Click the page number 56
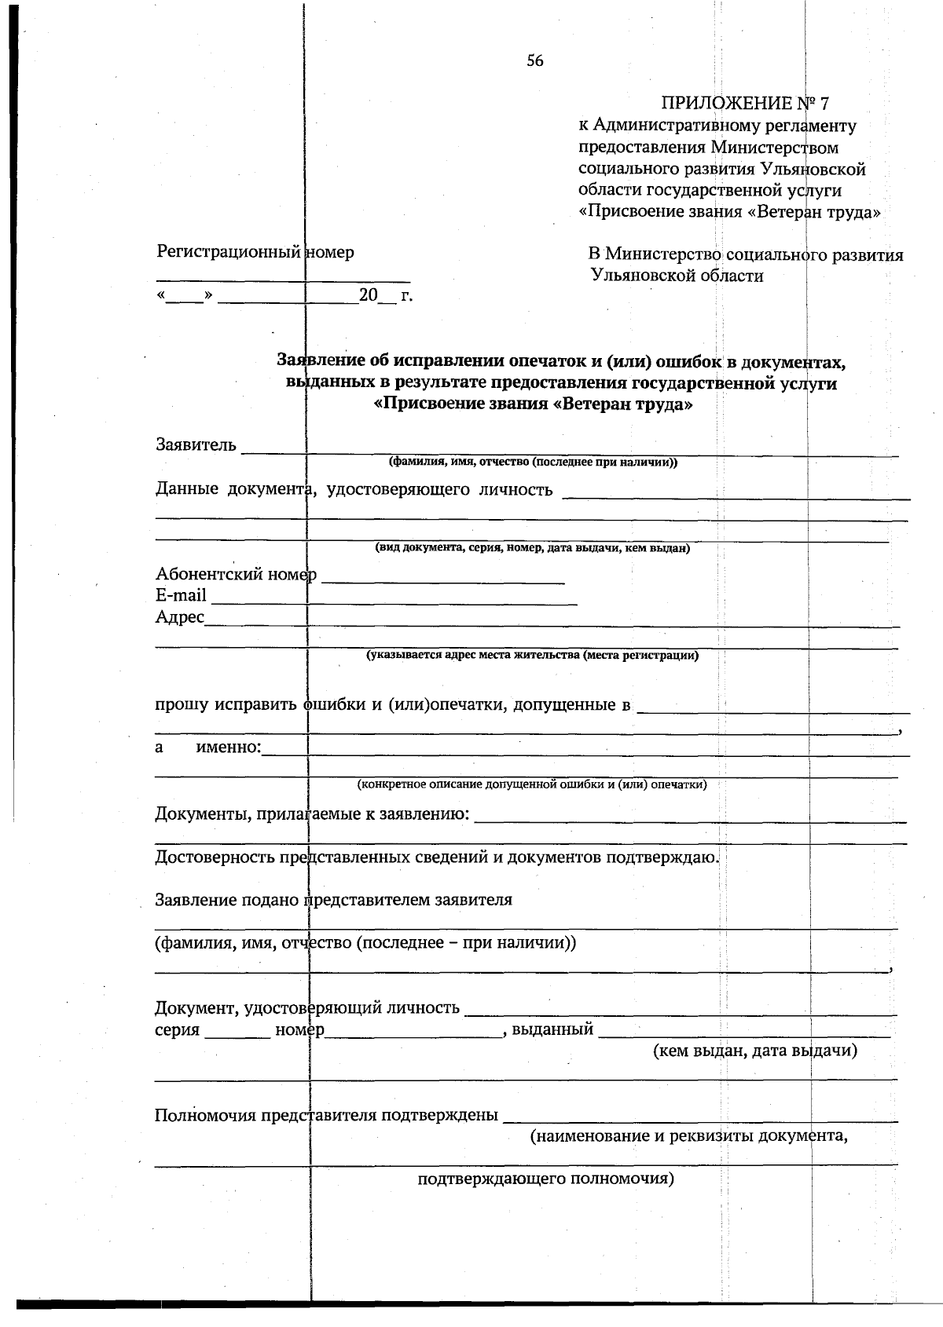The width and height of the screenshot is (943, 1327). tap(535, 61)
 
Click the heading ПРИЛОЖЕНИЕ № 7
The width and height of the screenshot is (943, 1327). tap(745, 104)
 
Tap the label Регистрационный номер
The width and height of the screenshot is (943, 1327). tap(255, 252)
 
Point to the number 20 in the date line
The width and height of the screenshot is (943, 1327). tap(368, 295)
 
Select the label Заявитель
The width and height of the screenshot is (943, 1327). tap(196, 445)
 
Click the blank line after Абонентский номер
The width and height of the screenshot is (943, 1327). tap(443, 579)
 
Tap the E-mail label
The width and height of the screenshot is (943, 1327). tap(181, 595)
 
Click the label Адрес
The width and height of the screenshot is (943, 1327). tap(180, 617)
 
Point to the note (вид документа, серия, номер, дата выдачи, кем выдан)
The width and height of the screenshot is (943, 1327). tap(532, 548)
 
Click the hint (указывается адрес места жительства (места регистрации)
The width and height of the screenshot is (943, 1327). tap(532, 655)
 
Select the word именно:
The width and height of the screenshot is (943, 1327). tap(228, 747)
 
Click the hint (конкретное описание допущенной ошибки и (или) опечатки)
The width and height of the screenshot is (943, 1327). tap(532, 784)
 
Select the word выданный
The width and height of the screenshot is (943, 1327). tap(552, 1029)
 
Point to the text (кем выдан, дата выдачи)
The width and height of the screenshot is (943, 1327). tap(754, 1051)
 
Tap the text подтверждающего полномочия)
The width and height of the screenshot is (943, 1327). tap(545, 1179)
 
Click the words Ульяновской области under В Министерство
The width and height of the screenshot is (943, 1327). tap(677, 276)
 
